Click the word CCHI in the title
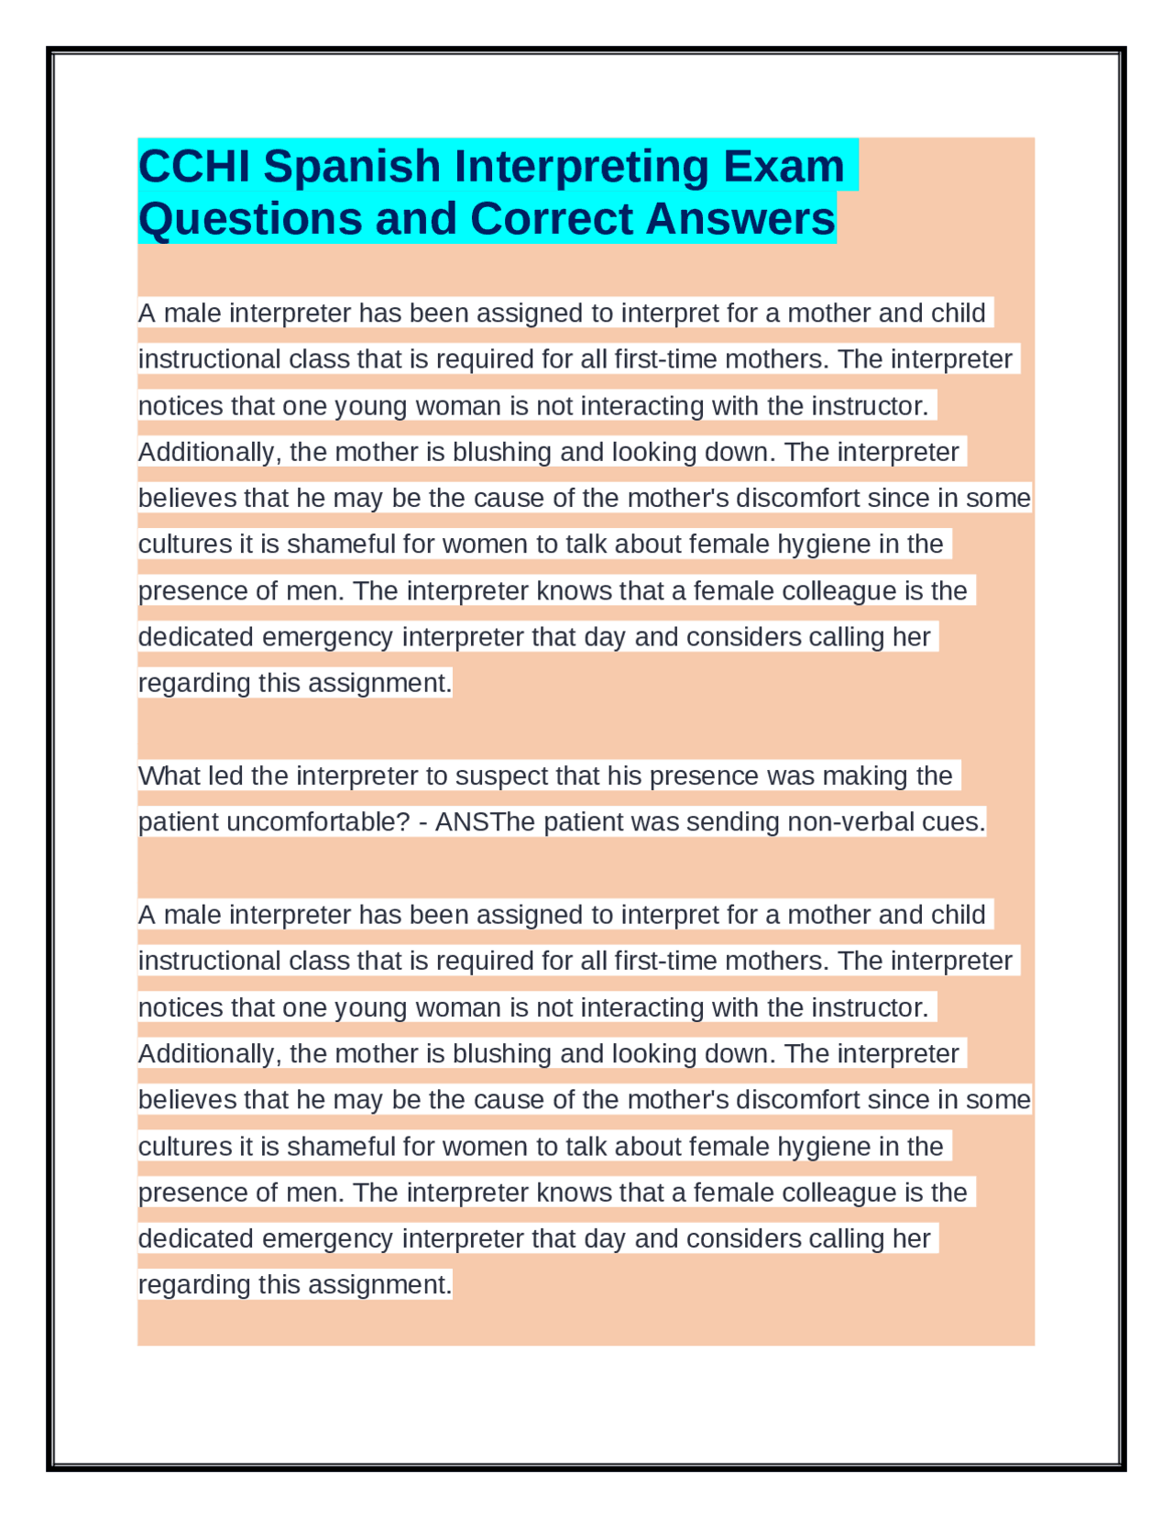[192, 167]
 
